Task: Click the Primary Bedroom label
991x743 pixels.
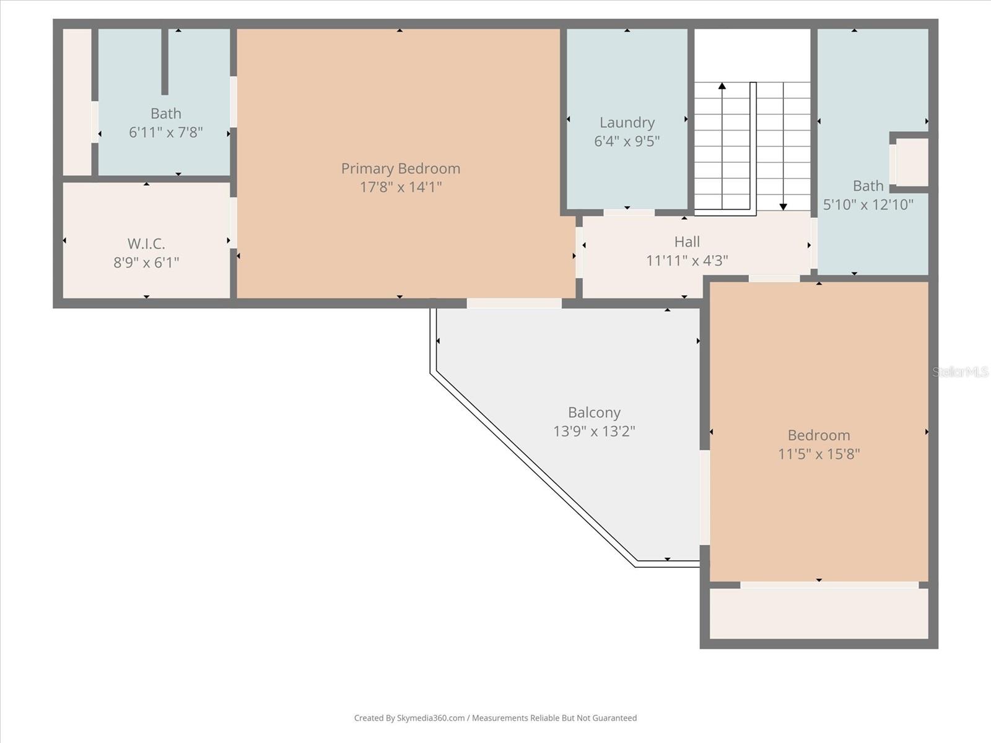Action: pos(401,168)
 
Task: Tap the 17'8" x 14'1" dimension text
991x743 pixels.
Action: pos(401,187)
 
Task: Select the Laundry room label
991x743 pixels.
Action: pos(627,123)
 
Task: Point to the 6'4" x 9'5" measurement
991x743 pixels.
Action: pos(627,141)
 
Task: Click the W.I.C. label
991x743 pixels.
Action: pos(146,243)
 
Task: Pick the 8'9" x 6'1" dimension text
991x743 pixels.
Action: pos(146,263)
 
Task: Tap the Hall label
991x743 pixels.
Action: pos(687,241)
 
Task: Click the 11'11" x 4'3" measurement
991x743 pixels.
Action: pos(687,261)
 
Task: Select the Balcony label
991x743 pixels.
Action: pos(594,412)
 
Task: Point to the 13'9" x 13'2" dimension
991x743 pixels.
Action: pos(594,431)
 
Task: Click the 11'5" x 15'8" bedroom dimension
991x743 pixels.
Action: pos(819,454)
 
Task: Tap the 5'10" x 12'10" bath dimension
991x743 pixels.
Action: pos(868,204)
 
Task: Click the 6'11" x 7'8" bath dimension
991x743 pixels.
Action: pos(166,132)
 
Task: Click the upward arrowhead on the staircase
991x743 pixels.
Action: pos(722,86)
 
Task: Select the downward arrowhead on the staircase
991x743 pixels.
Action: pos(783,207)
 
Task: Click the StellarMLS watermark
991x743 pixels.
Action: pos(960,371)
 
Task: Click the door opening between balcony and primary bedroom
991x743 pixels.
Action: pos(514,303)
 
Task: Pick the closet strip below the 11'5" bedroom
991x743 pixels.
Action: pos(819,613)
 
